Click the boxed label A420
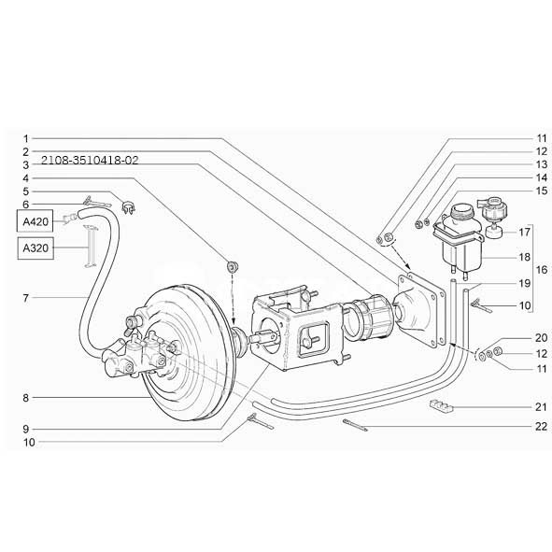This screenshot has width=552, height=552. click(35, 221)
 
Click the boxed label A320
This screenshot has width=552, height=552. click(35, 248)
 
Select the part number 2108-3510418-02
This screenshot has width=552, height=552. click(90, 161)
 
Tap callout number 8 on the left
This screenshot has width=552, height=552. click(25, 398)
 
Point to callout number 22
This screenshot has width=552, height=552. click(541, 427)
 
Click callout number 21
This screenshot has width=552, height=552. click(541, 407)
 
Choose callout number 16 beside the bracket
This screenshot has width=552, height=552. click(542, 270)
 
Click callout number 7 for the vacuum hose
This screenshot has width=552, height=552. click(25, 298)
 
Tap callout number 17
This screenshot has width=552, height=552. click(525, 232)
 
